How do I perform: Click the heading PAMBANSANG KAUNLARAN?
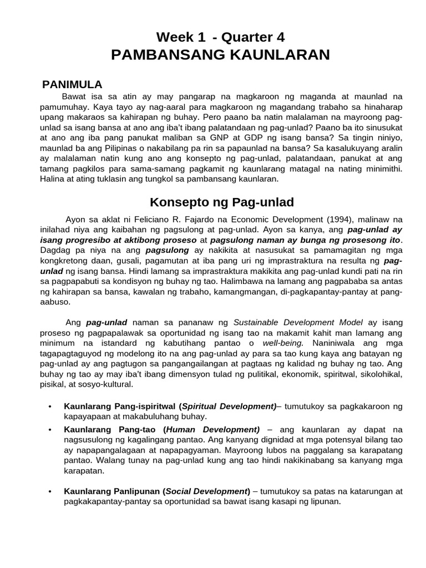pyautogui.click(x=220, y=54)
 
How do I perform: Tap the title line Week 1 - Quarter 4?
pyautogui.click(x=220, y=37)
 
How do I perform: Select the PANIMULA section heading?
pyautogui.click(x=73, y=84)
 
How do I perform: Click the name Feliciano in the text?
pyautogui.click(x=146, y=219)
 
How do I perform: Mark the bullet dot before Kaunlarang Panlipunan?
pyautogui.click(x=50, y=491)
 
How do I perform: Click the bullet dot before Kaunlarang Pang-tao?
pyautogui.click(x=50, y=430)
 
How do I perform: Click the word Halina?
pyautogui.click(x=54, y=179)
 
